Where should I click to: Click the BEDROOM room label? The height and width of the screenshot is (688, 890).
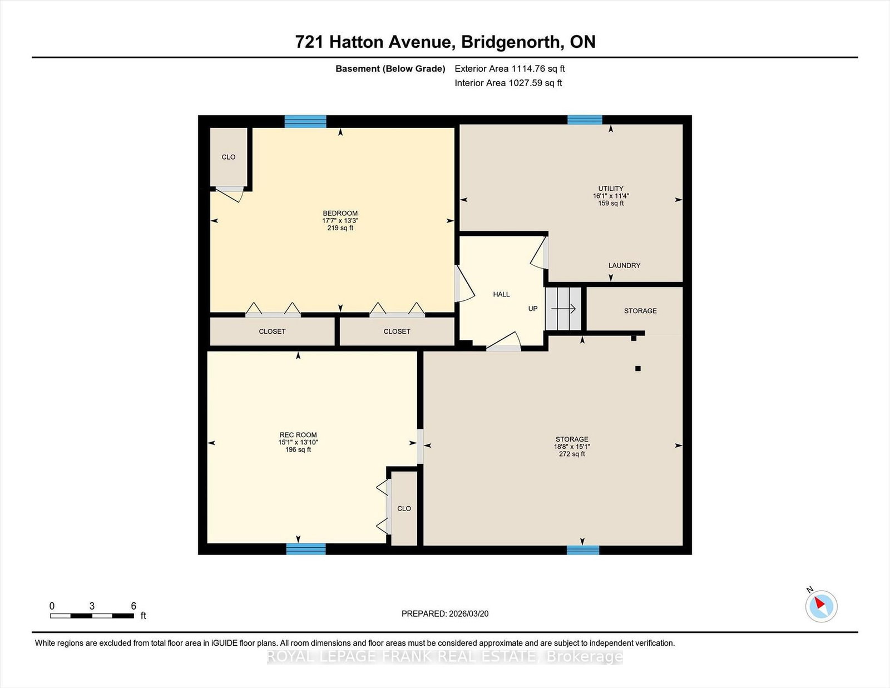tap(340, 213)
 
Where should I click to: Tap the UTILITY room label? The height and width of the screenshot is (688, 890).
tap(611, 189)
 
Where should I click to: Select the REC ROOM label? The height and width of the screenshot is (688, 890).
tap(298, 435)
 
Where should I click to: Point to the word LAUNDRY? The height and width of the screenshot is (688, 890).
tap(624, 265)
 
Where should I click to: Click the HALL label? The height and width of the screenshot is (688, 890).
tap(501, 294)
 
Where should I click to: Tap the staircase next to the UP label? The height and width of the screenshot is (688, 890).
tap(563, 308)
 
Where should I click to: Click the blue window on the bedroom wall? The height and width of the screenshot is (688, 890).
tap(305, 122)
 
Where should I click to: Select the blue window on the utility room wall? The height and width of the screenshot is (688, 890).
tap(585, 120)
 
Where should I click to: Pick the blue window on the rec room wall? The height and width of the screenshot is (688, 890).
tap(306, 549)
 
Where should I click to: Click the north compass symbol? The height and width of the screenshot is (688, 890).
tap(821, 606)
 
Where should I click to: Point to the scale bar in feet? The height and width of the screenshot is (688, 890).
tap(92, 616)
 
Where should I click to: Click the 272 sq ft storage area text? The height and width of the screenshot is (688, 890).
tap(572, 454)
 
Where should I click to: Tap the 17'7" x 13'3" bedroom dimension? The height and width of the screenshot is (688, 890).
tap(340, 220)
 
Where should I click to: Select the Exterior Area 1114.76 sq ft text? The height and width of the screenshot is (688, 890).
tap(510, 69)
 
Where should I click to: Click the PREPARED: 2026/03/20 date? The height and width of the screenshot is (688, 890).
tap(445, 613)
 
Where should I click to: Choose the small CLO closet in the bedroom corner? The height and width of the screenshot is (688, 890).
tap(229, 157)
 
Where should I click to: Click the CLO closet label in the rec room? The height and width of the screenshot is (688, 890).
tap(404, 508)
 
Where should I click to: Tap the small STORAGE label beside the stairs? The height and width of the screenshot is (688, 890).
tap(640, 311)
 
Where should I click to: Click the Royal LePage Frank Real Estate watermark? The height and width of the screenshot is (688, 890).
tap(445, 657)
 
